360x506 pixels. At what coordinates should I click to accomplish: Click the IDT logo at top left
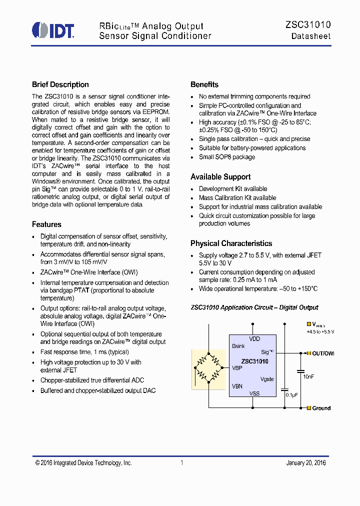click(53, 30)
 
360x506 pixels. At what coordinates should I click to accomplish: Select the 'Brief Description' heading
click(60, 84)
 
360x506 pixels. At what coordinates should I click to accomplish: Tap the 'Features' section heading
click(46, 224)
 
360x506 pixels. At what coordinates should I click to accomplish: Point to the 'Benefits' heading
click(204, 84)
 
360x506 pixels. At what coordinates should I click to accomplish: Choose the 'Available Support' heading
click(220, 177)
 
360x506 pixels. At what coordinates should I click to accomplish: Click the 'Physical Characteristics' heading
click(231, 243)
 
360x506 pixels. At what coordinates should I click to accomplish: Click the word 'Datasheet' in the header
click(311, 36)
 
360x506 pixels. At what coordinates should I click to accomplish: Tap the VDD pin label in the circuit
click(254, 339)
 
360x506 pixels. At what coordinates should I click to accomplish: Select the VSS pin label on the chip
click(254, 393)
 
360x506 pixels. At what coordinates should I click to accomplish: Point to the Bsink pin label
click(238, 346)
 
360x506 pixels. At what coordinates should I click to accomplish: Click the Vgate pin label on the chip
click(267, 379)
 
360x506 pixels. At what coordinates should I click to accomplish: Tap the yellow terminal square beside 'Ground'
click(309, 408)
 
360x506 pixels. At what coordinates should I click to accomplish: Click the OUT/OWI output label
click(323, 353)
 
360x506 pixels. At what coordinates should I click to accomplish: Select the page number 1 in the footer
click(182, 463)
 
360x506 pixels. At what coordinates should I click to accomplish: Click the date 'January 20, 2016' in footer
click(305, 463)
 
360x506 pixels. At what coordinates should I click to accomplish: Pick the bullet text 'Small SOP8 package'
click(226, 157)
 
